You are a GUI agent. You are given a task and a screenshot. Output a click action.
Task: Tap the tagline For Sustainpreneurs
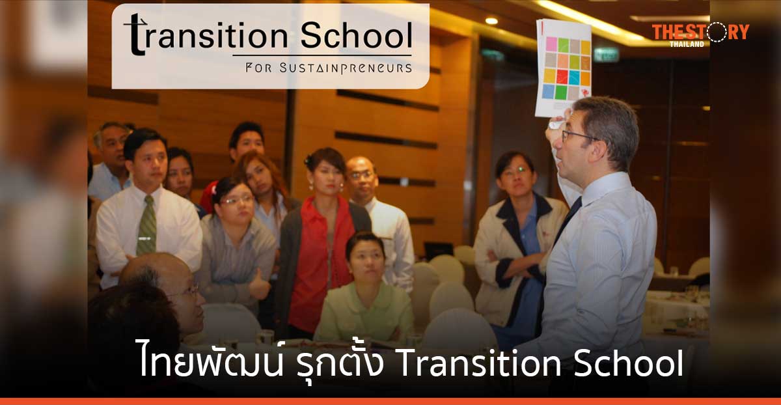pyautogui.click(x=328, y=68)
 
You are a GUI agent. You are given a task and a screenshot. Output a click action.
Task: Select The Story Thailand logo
pyautogui.click(x=700, y=34)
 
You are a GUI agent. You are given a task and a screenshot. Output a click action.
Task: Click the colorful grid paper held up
pyautogui.click(x=564, y=67)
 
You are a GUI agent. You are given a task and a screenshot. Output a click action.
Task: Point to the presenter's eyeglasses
pyautogui.click(x=578, y=135)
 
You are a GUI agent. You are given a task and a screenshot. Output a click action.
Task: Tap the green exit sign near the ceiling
pyautogui.click(x=606, y=55)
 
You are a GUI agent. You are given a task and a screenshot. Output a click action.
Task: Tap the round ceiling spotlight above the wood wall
pyautogui.click(x=491, y=21)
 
